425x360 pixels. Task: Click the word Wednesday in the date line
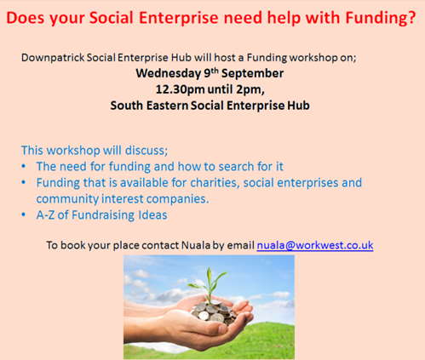point(169,74)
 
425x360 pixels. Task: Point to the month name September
point(253,74)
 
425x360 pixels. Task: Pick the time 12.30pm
point(180,90)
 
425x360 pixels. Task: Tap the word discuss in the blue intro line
point(146,151)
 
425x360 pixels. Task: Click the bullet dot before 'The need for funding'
point(24,167)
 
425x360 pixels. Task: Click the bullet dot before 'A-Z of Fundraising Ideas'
point(24,215)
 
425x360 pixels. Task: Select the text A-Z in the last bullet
point(45,215)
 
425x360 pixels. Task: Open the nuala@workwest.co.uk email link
point(315,245)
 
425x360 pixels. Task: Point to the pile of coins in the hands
point(213,313)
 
